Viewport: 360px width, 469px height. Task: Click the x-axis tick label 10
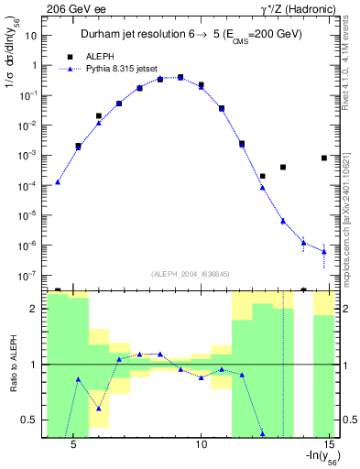click(x=202, y=444)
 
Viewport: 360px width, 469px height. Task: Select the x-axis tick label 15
click(x=333, y=444)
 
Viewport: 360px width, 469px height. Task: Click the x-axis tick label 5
click(x=73, y=444)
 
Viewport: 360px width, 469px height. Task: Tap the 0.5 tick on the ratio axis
click(x=33, y=420)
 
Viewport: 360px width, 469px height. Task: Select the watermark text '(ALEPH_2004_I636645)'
click(x=190, y=272)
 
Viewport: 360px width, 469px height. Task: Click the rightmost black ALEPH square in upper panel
click(x=324, y=158)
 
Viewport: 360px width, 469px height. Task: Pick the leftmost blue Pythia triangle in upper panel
click(x=58, y=181)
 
